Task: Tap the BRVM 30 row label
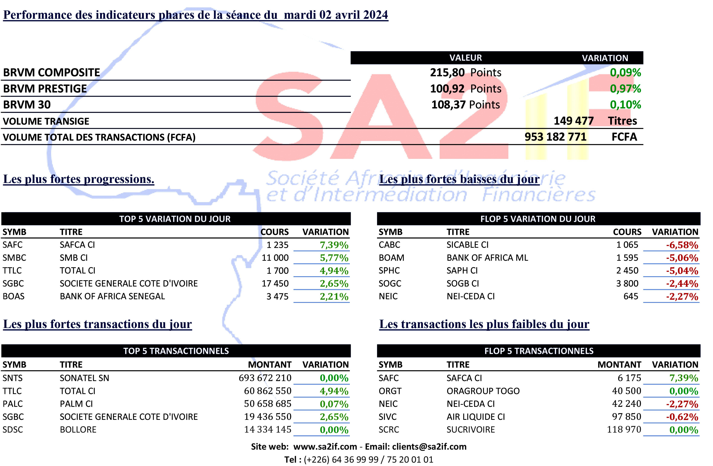pyautogui.click(x=27, y=105)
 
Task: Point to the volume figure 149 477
pyautogui.click(x=573, y=121)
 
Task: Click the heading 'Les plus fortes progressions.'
pyautogui.click(x=78, y=179)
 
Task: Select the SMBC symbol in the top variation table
pyautogui.click(x=14, y=258)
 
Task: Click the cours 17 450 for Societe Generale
pyautogui.click(x=275, y=283)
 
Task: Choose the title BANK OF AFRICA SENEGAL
pyautogui.click(x=112, y=296)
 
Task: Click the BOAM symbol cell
pyautogui.click(x=391, y=258)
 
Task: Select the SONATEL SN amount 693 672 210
pyautogui.click(x=265, y=378)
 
